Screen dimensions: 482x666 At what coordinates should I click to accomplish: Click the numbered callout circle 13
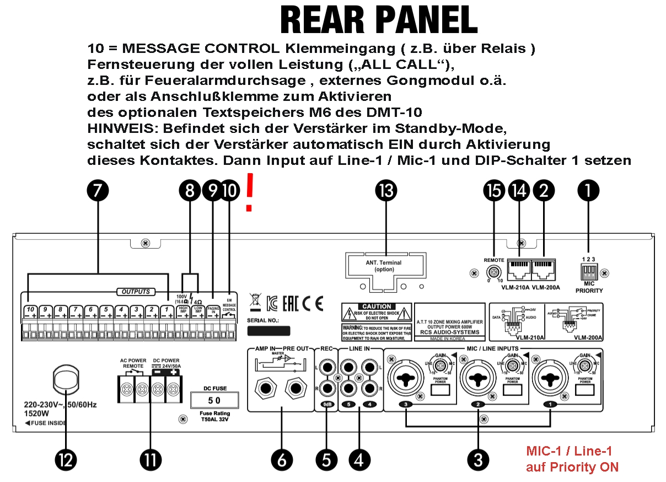(x=386, y=191)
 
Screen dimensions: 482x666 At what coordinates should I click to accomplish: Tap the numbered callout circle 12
(x=66, y=460)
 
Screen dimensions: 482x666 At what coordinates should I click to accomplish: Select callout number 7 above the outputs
(x=98, y=191)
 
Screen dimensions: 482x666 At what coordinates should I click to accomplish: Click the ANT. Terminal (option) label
(x=385, y=266)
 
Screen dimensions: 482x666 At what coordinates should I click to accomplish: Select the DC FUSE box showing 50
(x=216, y=399)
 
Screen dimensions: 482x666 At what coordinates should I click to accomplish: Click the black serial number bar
(x=268, y=331)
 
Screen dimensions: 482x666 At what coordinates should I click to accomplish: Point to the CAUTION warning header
(x=377, y=306)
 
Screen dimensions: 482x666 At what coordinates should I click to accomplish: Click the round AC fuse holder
(x=66, y=380)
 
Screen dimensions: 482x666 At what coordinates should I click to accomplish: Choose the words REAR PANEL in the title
(x=379, y=21)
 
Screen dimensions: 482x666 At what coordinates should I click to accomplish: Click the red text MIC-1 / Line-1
(x=569, y=451)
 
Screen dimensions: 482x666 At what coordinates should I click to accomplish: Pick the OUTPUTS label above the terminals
(x=136, y=291)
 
